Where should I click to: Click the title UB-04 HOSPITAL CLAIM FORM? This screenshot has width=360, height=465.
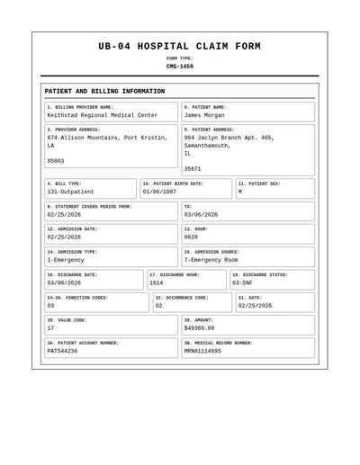[180, 46]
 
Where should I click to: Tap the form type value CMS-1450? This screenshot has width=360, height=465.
[180, 66]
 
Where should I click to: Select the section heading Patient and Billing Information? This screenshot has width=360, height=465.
[104, 92]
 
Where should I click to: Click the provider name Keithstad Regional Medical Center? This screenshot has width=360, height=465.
[102, 116]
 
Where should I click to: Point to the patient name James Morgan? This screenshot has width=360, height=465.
[205, 116]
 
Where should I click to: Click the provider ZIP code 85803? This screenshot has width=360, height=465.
[56, 161]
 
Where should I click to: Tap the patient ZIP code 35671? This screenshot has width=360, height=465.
[193, 169]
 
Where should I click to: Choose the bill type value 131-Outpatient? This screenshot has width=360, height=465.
[71, 192]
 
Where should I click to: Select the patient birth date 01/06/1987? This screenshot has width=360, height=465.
[159, 192]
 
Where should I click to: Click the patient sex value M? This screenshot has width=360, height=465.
[239, 192]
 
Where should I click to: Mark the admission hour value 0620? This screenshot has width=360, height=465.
[191, 237]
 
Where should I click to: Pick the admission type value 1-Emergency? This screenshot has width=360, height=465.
[66, 260]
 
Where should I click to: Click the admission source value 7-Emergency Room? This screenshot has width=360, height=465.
[211, 260]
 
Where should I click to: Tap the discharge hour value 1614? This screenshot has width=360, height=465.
[157, 282]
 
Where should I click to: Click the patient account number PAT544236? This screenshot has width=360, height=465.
[62, 351]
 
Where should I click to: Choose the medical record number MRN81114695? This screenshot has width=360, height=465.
[202, 351]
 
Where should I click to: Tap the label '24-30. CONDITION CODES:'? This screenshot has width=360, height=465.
[77, 297]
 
